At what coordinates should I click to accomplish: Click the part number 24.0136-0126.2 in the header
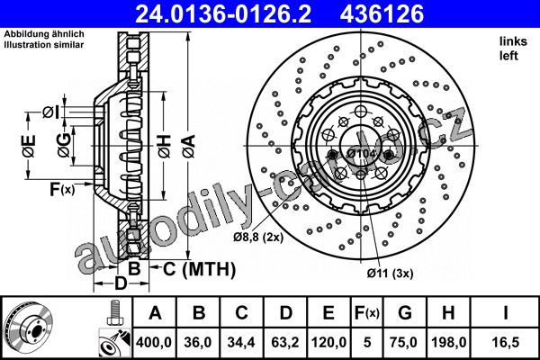coord(223,13)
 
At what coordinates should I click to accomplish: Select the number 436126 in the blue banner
coord(382,13)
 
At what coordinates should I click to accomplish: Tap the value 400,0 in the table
coord(154,342)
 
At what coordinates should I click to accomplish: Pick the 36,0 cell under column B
coord(198,342)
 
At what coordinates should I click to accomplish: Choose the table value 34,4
coord(241,342)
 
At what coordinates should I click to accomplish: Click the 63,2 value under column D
coord(285,342)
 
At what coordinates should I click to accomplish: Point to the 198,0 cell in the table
coord(448,342)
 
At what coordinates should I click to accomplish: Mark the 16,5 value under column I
coord(505,342)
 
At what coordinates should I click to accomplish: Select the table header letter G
coord(405,313)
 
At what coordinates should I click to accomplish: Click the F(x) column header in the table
coord(367,313)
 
